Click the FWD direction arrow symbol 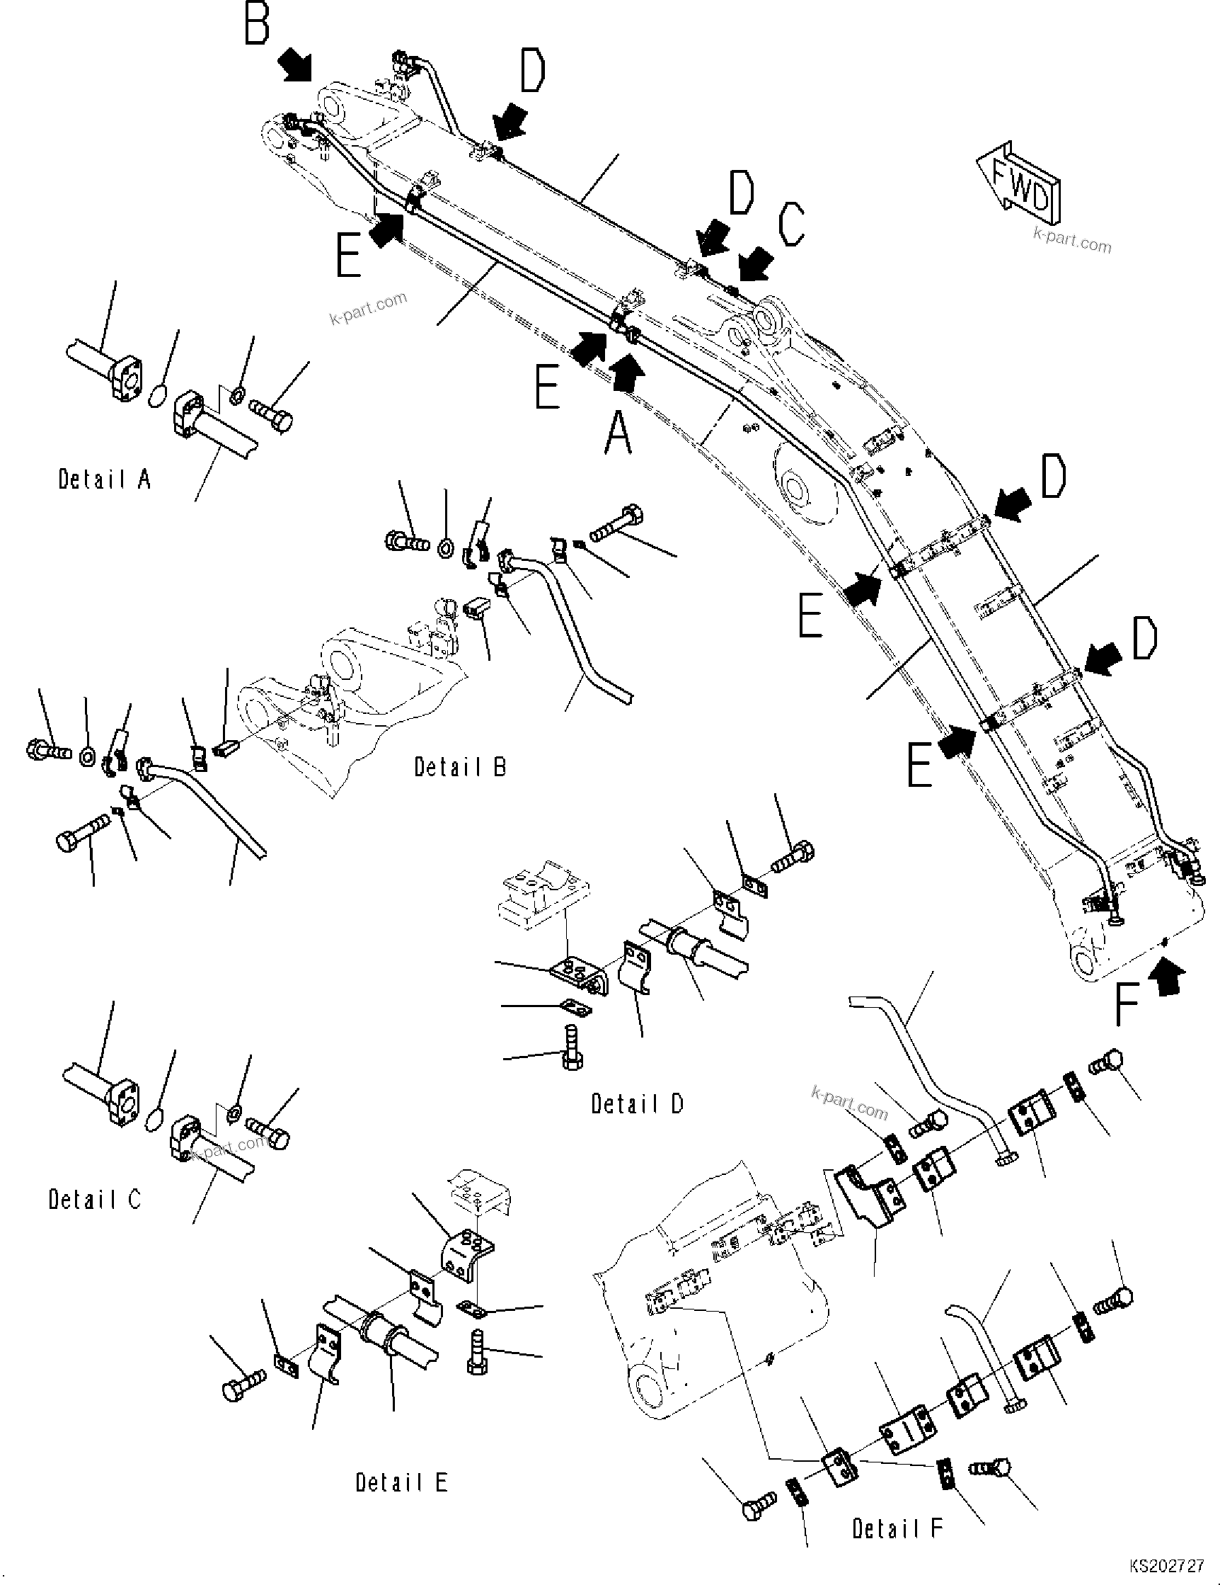pos(1019,181)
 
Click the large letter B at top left pos(256,23)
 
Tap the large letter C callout pos(790,225)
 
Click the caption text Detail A pos(105,479)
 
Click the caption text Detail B pos(460,767)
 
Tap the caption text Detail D pos(637,1104)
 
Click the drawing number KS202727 pos(1166,1566)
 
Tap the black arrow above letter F pos(1167,975)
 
